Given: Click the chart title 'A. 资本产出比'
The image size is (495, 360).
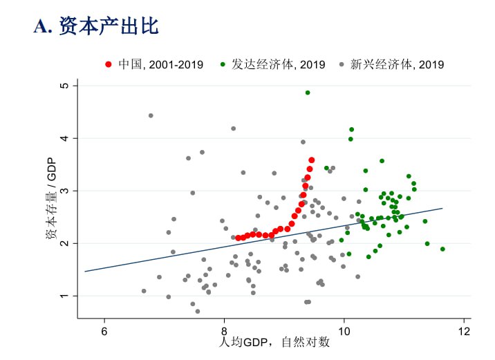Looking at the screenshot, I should tap(96, 27).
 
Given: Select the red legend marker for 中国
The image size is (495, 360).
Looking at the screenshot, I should tap(109, 65).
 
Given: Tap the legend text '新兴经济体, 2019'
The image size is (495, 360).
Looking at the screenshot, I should tap(397, 65).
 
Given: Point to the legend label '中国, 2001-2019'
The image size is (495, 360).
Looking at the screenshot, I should tap(160, 65).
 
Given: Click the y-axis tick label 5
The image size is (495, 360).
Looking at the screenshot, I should tap(64, 86).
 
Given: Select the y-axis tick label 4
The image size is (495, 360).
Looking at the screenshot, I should tap(64, 138).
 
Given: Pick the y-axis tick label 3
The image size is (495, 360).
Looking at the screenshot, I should tap(64, 191).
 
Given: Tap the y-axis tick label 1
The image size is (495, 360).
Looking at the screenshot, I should tap(64, 296).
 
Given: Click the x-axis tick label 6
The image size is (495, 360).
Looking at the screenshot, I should tap(104, 329).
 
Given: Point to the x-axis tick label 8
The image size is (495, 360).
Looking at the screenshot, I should tap(224, 329).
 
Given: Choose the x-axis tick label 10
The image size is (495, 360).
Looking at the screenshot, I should tap(344, 329).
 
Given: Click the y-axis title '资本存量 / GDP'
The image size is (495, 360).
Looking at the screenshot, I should tap(50, 200).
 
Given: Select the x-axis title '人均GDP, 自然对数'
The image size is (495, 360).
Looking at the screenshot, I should tap(274, 342).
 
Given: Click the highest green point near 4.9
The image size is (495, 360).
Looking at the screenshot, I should tap(308, 93).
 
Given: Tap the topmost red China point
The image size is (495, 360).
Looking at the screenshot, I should tap(312, 160).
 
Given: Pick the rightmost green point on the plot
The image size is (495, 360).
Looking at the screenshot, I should tap(442, 249).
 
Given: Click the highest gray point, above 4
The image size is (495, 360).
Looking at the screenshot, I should tap(151, 115).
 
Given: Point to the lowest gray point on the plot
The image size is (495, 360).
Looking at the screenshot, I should tap(198, 312).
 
